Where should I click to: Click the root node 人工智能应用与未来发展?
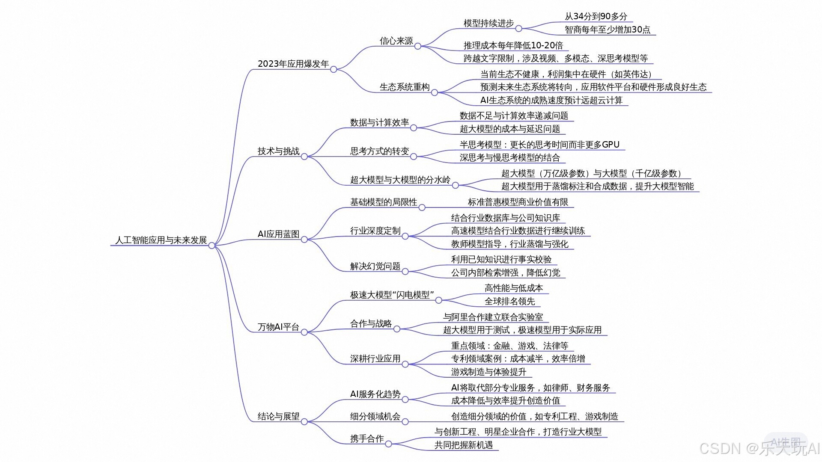point(161,240)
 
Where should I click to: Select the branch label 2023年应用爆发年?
point(293,64)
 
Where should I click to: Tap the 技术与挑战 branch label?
point(278,151)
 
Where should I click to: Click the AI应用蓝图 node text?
point(278,234)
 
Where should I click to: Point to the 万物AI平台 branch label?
point(278,327)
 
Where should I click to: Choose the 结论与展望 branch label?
point(278,416)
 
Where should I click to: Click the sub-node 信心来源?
point(396,41)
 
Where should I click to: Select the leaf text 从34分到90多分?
point(596,16)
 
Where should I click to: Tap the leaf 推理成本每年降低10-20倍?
point(513,45)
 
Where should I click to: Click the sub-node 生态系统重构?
point(404,87)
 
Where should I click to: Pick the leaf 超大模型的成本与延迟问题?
point(509,129)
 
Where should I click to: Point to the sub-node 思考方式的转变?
point(379,151)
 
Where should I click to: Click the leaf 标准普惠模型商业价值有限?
point(518,202)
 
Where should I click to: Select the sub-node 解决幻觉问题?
point(375,266)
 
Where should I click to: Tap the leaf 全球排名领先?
point(509,301)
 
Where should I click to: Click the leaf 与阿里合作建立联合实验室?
point(493,317)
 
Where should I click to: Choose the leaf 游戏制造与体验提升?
point(488,372)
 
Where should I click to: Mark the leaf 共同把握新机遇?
point(463,445)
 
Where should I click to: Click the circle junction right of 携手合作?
point(388,444)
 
